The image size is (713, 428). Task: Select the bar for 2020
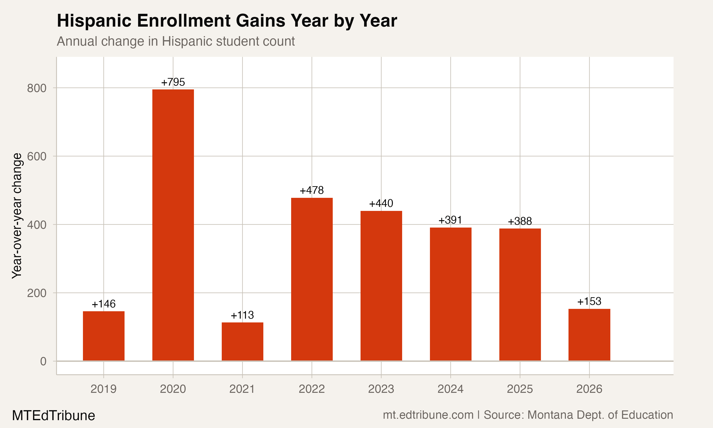[x=173, y=225]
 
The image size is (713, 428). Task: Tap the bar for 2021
[x=242, y=341]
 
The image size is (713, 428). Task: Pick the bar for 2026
[x=589, y=335]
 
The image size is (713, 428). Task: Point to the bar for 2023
[x=381, y=286]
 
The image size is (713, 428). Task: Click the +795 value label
[x=173, y=82]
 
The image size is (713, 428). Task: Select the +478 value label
[x=312, y=190]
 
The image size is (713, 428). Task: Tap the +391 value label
[x=450, y=220]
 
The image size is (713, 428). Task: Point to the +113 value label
[x=242, y=315]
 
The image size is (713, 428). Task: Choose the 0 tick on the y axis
[x=43, y=361]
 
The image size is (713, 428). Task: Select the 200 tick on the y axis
[x=37, y=293]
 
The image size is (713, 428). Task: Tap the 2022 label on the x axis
[x=312, y=389]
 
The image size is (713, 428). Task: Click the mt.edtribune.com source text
[x=428, y=415]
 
